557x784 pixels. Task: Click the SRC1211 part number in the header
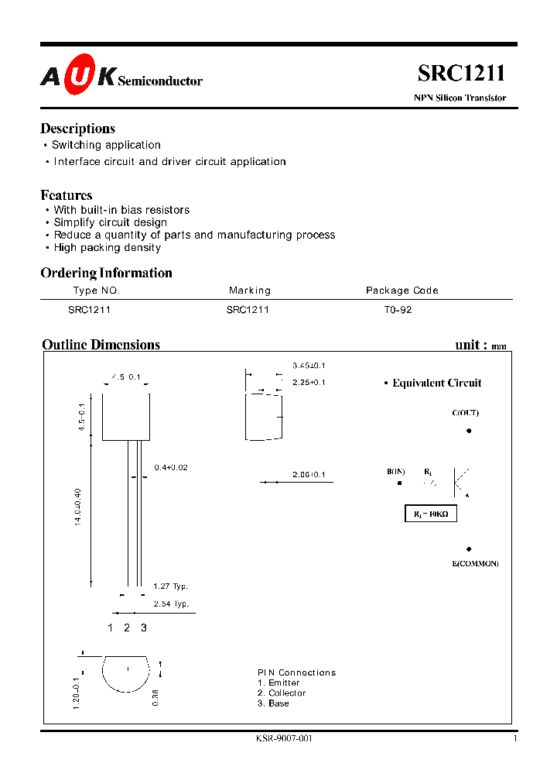[461, 74]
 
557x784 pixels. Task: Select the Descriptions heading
[77, 129]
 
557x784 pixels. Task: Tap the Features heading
[67, 195]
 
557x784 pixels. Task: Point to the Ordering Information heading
[106, 273]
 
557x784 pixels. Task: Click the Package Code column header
[402, 291]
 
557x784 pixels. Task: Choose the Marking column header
[250, 291]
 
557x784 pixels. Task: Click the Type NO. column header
[97, 291]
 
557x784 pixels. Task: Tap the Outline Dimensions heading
[101, 345]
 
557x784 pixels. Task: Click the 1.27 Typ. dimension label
[170, 586]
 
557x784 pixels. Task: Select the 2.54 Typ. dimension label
[170, 603]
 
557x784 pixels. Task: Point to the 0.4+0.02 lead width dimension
[171, 467]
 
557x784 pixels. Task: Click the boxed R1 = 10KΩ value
[431, 514]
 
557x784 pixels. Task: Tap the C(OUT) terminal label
[466, 413]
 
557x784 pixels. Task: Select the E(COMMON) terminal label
[475, 563]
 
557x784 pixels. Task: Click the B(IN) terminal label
[396, 471]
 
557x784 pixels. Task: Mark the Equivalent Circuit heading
[436, 383]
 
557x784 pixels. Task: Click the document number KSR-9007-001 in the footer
[284, 738]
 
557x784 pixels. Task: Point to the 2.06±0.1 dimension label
[309, 474]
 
